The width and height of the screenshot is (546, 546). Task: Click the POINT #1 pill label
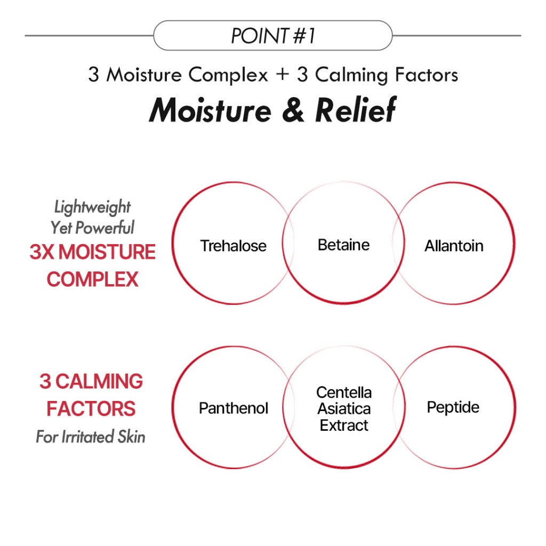pos(273,36)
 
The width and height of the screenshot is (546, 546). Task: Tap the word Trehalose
pos(233,246)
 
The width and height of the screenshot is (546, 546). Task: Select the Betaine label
pos(343,245)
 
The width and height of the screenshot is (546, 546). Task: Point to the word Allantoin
pos(454,246)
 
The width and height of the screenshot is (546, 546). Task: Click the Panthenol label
pos(233,408)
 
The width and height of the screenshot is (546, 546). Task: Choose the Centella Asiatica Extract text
pos(344,408)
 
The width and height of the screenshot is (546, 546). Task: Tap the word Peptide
pos(453,407)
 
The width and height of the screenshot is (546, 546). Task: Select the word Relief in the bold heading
pos(356,110)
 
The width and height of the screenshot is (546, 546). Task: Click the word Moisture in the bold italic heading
pos(211,110)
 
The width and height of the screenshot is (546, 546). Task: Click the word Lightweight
pos(93,207)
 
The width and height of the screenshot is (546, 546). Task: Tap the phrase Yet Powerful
pos(93,228)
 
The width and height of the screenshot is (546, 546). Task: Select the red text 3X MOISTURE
pos(93,252)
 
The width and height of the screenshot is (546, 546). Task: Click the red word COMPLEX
pos(93,279)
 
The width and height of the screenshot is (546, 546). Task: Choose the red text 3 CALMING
pos(91,382)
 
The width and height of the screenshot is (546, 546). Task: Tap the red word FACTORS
pos(91,409)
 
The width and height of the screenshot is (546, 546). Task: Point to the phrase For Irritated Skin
pos(91,437)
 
